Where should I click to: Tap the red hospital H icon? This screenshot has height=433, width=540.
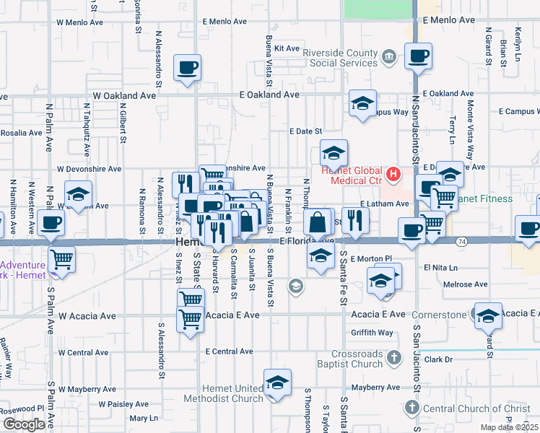pyautogui.click(x=393, y=173)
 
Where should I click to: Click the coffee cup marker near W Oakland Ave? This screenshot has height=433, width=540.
pyautogui.click(x=188, y=68)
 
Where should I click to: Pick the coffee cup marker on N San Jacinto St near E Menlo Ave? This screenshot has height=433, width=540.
pyautogui.click(x=418, y=56)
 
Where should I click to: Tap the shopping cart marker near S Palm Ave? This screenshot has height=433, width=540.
pyautogui.click(x=61, y=258)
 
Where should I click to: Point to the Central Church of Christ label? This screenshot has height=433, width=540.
pyautogui.click(x=476, y=409)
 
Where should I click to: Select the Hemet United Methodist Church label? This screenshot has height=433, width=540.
pyautogui.click(x=222, y=393)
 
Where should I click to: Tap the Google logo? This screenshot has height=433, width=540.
pyautogui.click(x=23, y=424)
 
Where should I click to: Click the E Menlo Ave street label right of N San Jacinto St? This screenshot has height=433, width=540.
pyautogui.click(x=452, y=21)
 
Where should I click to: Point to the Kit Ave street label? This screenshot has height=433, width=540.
pyautogui.click(x=287, y=48)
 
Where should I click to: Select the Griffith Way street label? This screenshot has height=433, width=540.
pyautogui.click(x=373, y=333)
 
